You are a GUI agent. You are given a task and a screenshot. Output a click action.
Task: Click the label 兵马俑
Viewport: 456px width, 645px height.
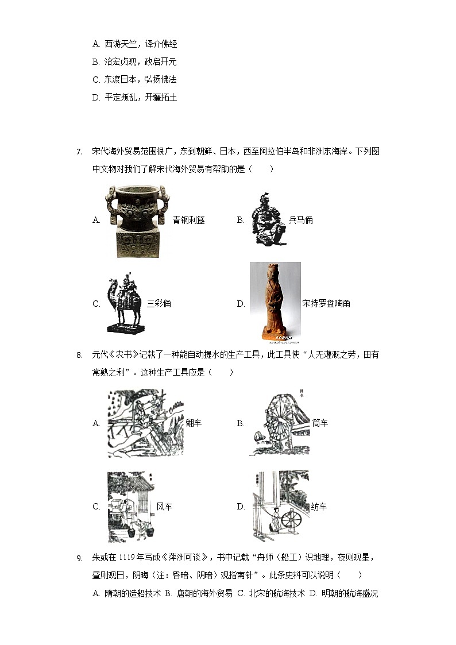(300, 220)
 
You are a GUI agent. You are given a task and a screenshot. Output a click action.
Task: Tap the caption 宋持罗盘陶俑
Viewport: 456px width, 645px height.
(326, 304)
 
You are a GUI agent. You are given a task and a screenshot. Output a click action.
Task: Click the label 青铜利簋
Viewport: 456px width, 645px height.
(188, 220)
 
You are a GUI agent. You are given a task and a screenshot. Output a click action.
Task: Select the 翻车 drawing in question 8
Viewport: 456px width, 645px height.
(145, 423)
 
